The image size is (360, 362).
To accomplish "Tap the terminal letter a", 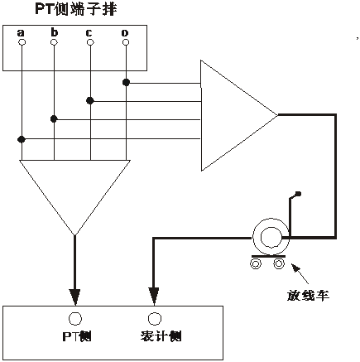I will click(21, 32).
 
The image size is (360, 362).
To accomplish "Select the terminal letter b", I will click(54, 32).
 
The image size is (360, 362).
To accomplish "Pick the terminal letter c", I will click(89, 32).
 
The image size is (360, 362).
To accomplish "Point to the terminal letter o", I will click(125, 33).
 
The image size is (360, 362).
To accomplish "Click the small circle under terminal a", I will click(21, 42).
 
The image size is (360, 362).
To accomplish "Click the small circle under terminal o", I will click(125, 42).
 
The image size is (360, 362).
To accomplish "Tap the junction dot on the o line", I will click(125, 82).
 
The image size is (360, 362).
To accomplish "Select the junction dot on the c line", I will click(89, 100).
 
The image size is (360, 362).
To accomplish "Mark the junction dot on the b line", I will click(55, 119).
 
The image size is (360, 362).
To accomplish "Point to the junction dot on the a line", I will click(21, 138).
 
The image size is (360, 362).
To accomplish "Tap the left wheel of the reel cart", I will click(257, 263).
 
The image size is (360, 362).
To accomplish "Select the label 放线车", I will click(304, 294).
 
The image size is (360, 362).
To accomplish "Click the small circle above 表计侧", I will click(153, 318).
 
